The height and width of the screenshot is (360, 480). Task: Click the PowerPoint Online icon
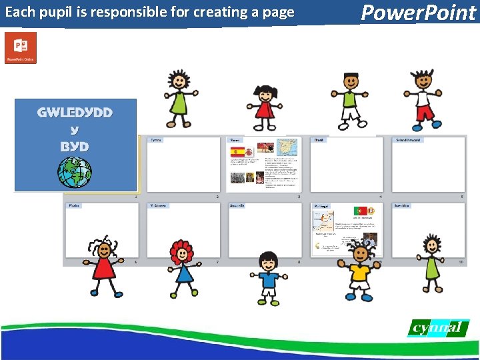[x=21, y=48]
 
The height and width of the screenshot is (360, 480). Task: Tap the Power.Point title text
[x=419, y=12]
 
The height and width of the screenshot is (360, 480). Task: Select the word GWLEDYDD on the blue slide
[x=75, y=112]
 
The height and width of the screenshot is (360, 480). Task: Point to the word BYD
[x=75, y=146]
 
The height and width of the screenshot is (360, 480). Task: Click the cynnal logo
[x=437, y=328]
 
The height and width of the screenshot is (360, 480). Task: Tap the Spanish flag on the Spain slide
[x=238, y=152]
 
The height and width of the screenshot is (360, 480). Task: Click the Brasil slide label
[x=320, y=140]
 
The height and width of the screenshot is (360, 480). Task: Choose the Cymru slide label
[x=155, y=140]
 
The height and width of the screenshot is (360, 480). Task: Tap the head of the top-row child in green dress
[x=179, y=80]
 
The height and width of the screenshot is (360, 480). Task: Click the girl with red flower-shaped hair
[x=181, y=267]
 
